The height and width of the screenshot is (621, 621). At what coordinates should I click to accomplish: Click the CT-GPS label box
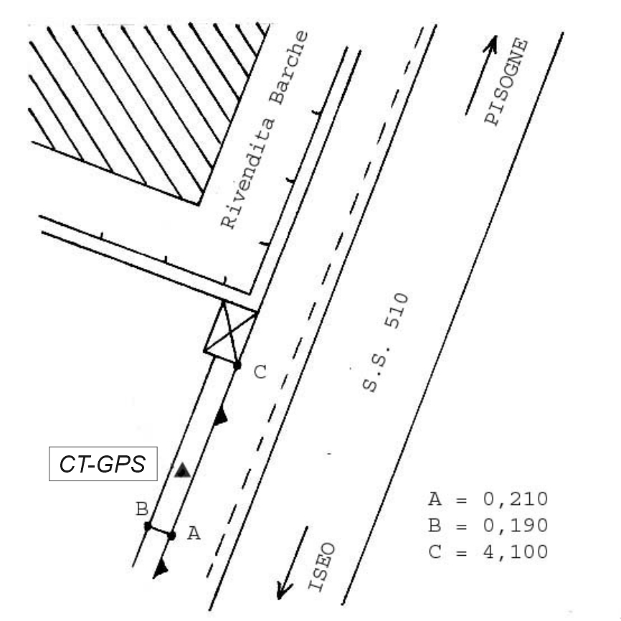click(x=103, y=465)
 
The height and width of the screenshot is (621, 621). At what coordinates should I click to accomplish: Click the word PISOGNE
click(x=507, y=83)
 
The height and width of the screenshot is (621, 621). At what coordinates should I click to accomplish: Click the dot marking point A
click(x=172, y=534)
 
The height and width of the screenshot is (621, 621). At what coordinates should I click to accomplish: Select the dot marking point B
click(x=148, y=526)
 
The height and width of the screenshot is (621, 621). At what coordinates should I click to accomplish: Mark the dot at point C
click(x=237, y=366)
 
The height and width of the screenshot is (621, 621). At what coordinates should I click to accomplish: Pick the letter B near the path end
click(x=142, y=510)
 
